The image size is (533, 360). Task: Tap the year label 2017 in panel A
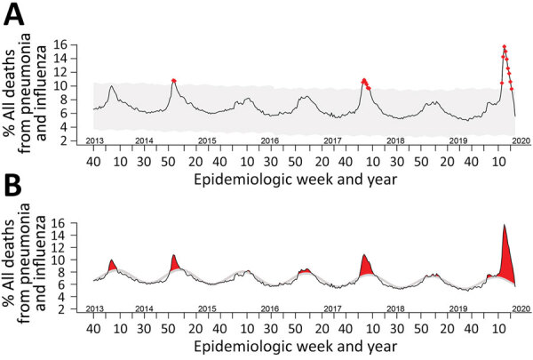point(333,141)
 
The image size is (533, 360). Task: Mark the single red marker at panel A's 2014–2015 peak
point(174,81)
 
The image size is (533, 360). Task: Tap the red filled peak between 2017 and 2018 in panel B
point(365,266)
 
